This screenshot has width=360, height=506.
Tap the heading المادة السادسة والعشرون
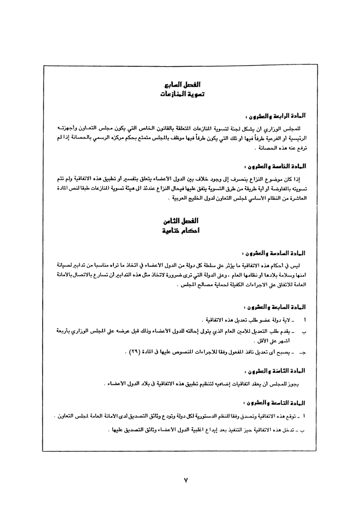(x=274, y=253)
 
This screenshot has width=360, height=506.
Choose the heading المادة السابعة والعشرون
(x=274, y=307)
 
